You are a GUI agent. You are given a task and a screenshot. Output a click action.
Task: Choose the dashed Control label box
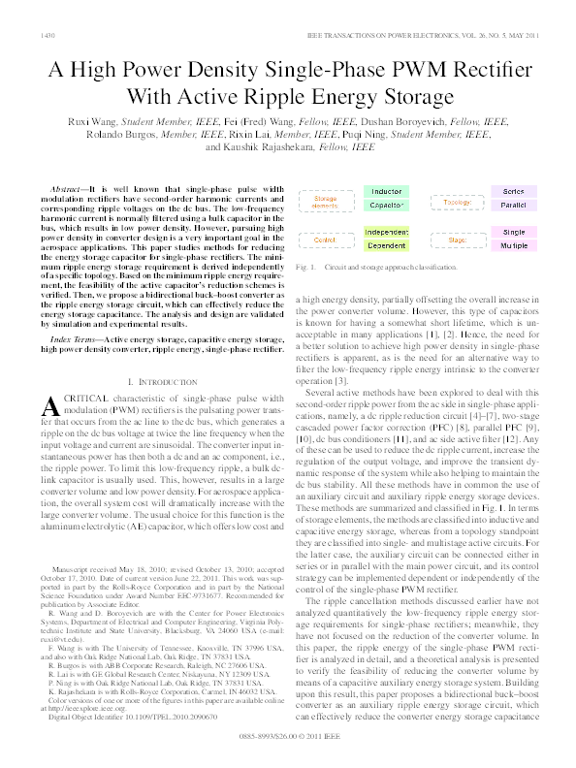coord(325,240)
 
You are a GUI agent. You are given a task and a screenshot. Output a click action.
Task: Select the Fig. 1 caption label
coord(307,266)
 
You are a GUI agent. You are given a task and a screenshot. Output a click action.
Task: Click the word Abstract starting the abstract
coord(66,182)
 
